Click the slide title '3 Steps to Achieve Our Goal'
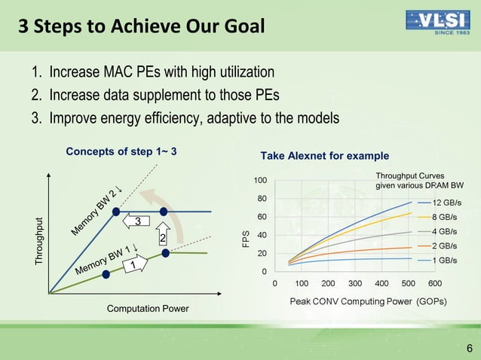tap(141, 27)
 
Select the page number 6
tap(470, 347)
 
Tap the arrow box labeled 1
tap(135, 265)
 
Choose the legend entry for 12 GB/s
tap(446, 203)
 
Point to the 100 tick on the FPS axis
tap(259, 181)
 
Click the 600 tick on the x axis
tap(435, 283)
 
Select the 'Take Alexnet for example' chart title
tap(324, 156)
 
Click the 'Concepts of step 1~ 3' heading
tap(121, 151)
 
